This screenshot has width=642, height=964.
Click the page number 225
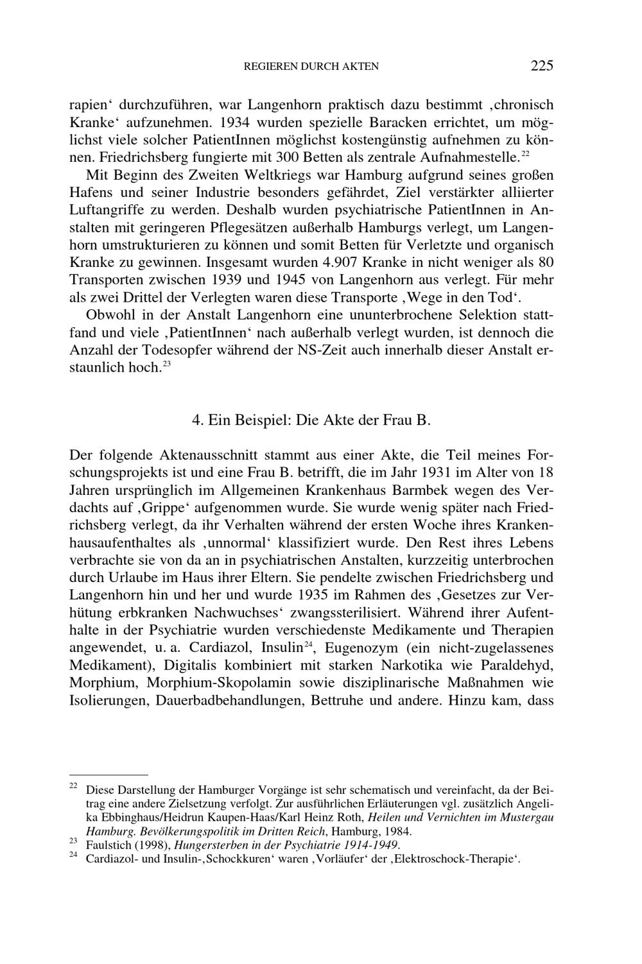click(542, 65)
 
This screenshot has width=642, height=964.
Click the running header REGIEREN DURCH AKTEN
click(311, 66)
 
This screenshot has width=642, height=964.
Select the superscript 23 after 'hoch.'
click(166, 365)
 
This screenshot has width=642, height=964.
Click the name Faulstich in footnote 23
click(106, 844)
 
